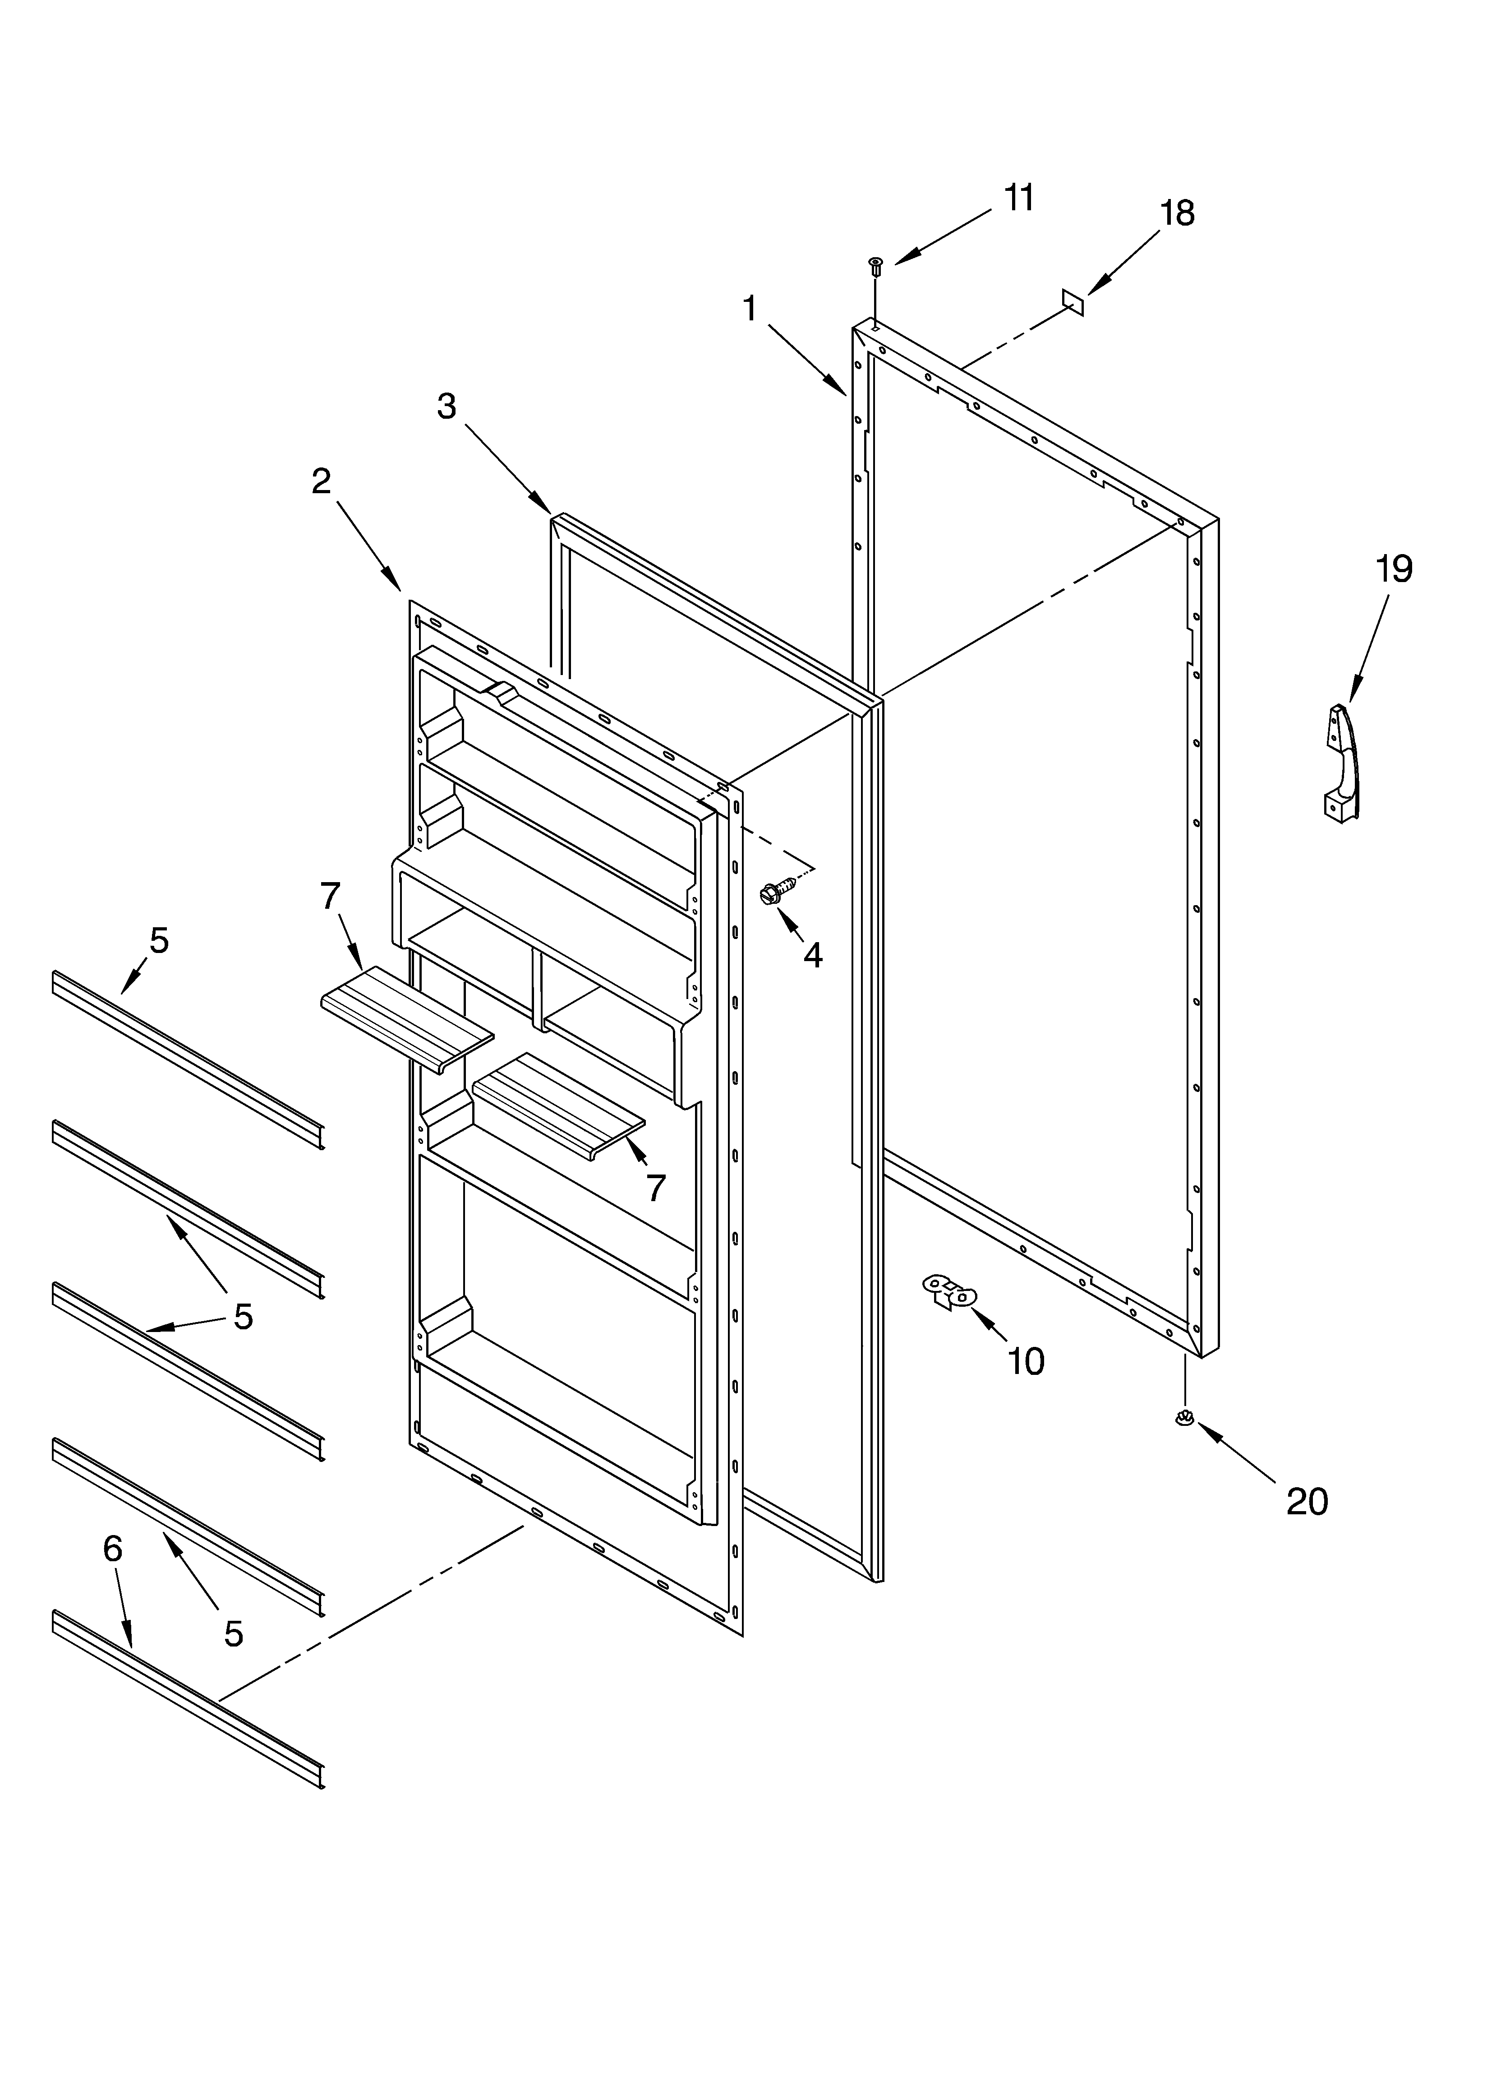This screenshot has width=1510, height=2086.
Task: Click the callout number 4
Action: pyautogui.click(x=812, y=955)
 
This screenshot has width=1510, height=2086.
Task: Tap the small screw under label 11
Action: pyautogui.click(x=875, y=267)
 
